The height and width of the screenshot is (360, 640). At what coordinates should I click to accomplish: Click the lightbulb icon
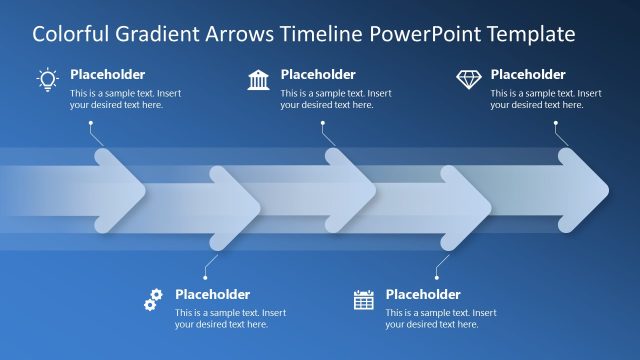pos(47,79)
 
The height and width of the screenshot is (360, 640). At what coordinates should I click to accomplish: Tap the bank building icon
pos(258,79)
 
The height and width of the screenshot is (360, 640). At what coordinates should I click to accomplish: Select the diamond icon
pos(468,78)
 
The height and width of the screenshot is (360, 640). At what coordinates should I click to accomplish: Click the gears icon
pos(153,298)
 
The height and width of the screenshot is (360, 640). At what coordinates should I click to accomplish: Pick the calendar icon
pos(364,299)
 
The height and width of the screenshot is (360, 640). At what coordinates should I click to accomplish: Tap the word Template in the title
pos(526,34)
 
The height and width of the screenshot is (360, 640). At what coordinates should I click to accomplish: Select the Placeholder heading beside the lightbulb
pos(107,74)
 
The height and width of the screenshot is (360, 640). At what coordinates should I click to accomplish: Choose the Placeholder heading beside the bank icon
pos(318,74)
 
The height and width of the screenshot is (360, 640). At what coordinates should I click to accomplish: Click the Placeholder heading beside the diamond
pos(528,74)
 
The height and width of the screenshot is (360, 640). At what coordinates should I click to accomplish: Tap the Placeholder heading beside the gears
pos(212,294)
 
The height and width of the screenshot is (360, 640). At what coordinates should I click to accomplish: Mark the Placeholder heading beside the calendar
pos(423,294)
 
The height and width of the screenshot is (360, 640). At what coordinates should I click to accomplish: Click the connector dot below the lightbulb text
pos(91,123)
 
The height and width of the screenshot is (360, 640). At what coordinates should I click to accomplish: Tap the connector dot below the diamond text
pos(556,123)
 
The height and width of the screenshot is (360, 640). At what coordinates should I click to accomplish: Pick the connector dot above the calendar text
pos(437,276)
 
